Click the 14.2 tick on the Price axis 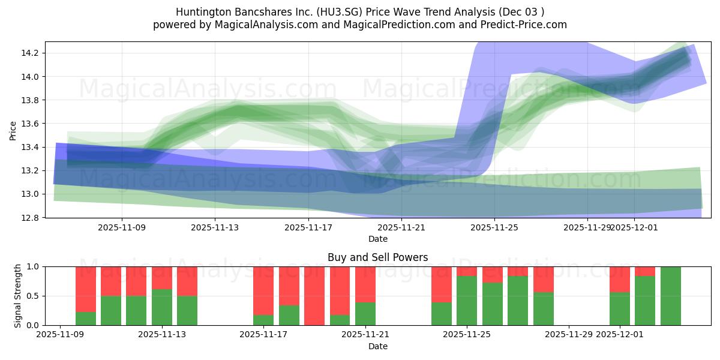click(x=31, y=53)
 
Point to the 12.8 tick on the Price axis click(x=31, y=218)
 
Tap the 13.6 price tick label click(x=31, y=124)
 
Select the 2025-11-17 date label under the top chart click(x=308, y=227)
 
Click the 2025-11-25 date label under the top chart click(x=494, y=227)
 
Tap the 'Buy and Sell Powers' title click(x=377, y=257)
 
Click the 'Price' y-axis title click(x=13, y=130)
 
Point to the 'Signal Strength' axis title click(x=18, y=295)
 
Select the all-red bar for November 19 click(x=314, y=296)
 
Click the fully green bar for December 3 click(x=670, y=296)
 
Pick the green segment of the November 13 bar click(x=162, y=307)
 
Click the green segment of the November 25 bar click(x=467, y=301)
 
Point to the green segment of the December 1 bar click(x=620, y=308)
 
